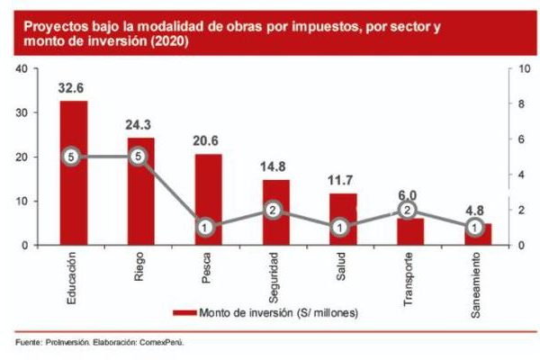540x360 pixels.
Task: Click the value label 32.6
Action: point(73,89)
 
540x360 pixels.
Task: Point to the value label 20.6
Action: point(208,142)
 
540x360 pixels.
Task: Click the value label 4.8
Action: point(475,212)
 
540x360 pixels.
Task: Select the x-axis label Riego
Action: point(140,267)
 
